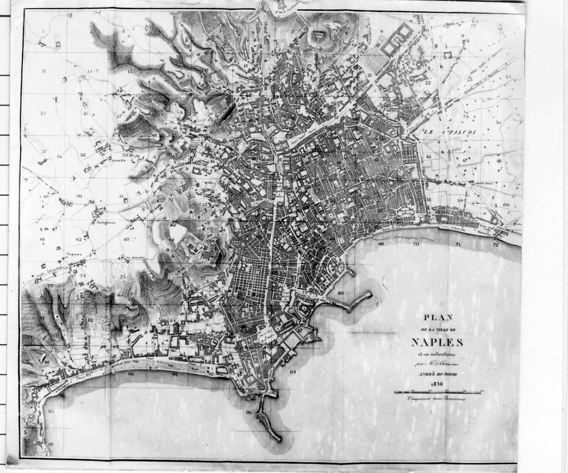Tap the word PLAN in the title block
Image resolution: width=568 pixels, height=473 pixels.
tap(437, 317)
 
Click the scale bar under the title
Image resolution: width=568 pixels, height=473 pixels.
tap(438, 392)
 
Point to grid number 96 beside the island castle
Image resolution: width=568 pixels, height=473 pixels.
tap(248, 412)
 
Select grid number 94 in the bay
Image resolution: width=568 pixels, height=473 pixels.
tap(292, 371)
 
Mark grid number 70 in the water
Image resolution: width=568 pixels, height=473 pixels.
tap(416, 244)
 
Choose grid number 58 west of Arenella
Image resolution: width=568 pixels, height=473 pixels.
tap(83, 155)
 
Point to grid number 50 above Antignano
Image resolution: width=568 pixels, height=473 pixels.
tap(79, 196)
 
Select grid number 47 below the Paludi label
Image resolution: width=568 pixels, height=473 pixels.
tap(465, 160)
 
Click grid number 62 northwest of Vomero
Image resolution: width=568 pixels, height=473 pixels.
tap(79, 240)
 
